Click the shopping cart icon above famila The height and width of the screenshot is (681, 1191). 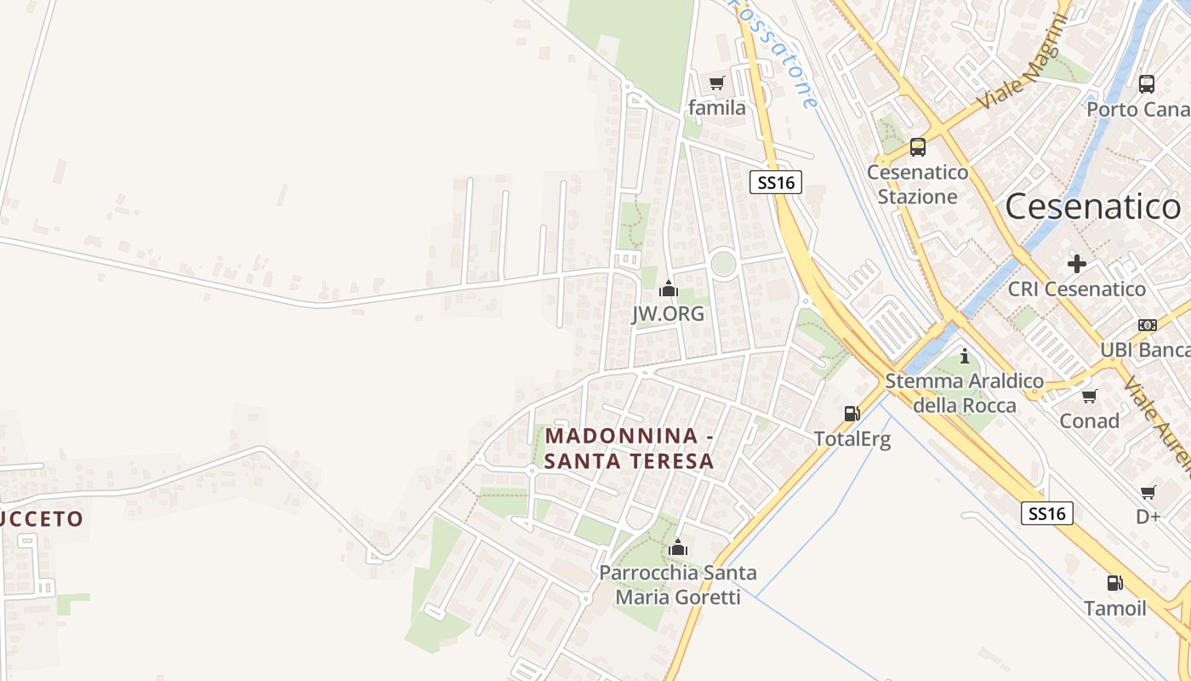tap(716, 83)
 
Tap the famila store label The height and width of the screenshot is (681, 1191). tap(716, 108)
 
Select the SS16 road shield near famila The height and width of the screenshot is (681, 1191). tap(776, 182)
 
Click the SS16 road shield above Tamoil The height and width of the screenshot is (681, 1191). tap(1046, 513)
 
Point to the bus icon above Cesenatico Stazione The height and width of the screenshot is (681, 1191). tap(917, 147)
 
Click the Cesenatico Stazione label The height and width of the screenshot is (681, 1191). tap(917, 185)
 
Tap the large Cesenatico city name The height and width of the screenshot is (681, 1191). tap(1092, 207)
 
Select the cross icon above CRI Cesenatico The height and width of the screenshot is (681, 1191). tap(1076, 264)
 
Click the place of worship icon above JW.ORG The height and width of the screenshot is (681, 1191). tap(669, 289)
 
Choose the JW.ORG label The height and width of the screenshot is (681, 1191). tap(668, 314)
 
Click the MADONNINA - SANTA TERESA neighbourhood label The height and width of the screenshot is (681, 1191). tap(629, 449)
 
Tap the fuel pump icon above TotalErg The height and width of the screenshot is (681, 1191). tap(851, 414)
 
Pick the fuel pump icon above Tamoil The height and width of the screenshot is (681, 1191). tap(1114, 583)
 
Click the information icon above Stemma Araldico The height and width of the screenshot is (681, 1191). tap(964, 356)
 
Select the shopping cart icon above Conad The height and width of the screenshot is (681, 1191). tap(1089, 396)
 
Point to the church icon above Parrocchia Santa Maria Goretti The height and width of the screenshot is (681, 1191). tap(677, 547)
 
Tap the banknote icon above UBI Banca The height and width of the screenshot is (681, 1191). tap(1147, 325)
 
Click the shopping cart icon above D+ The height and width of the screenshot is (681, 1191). tap(1148, 492)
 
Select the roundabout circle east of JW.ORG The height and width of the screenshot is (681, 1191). tap(723, 263)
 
